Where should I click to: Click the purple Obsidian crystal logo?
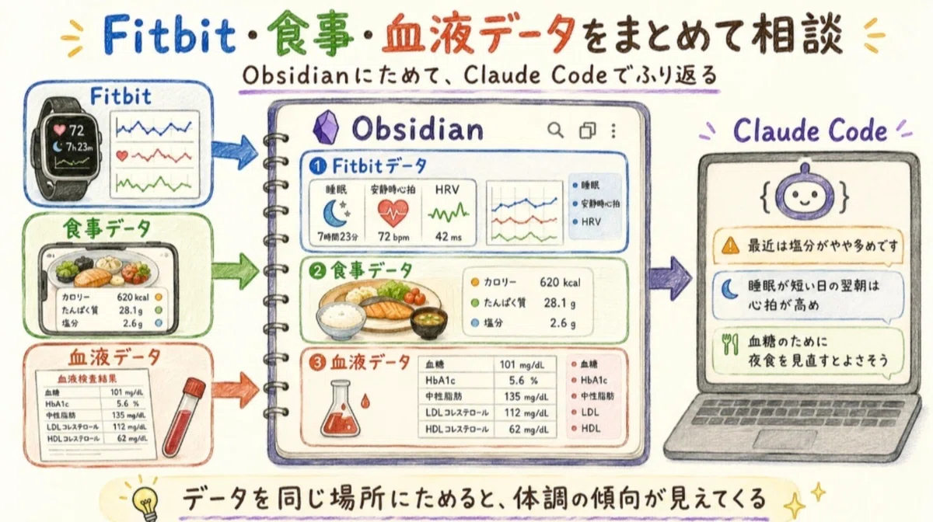(x=326, y=127)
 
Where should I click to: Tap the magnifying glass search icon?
(x=555, y=130)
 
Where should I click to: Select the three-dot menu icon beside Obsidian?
(x=613, y=130)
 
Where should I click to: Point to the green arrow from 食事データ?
(x=235, y=271)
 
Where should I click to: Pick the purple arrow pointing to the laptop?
(x=669, y=278)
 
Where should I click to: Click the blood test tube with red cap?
(x=183, y=417)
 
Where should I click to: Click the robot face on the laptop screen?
(x=805, y=195)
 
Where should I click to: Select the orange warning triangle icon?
(x=730, y=245)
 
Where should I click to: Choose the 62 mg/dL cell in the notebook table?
(x=528, y=429)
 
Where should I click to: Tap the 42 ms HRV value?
(x=448, y=237)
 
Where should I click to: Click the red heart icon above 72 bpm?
(x=393, y=213)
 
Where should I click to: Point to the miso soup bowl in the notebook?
(x=428, y=322)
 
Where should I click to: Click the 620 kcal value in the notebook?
(x=560, y=283)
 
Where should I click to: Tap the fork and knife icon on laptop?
(x=730, y=344)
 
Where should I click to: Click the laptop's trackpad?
(x=784, y=440)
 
